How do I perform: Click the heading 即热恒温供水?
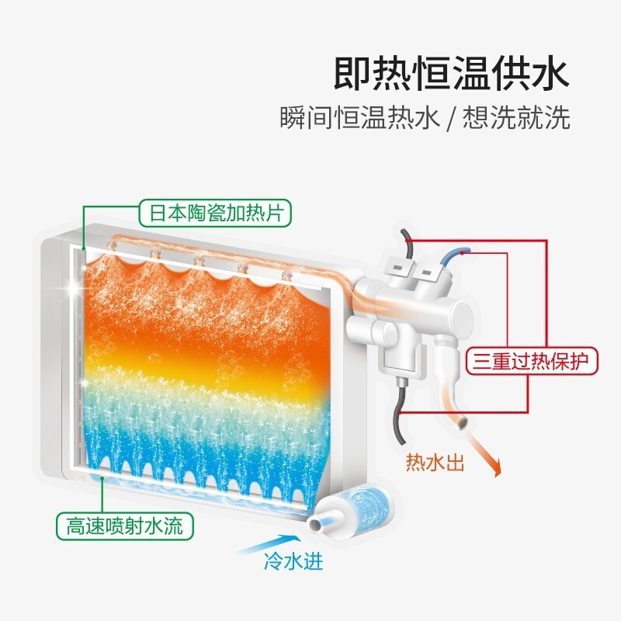(451, 74)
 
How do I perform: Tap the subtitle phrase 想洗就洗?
(516, 117)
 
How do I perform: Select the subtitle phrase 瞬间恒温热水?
(359, 117)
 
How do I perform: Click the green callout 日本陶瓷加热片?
(215, 213)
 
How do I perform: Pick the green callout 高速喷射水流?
(124, 526)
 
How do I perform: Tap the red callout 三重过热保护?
(531, 361)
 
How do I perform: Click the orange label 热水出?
(435, 462)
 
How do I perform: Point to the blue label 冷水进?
(293, 561)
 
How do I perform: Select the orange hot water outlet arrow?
(483, 454)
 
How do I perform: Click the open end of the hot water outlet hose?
(462, 423)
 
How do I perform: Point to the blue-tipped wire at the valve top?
(456, 258)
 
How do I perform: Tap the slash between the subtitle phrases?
(451, 118)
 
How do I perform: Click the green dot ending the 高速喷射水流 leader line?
(102, 478)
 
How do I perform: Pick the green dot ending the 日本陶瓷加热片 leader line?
(84, 248)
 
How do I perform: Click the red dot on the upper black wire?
(408, 240)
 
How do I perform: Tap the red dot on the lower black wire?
(400, 413)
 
